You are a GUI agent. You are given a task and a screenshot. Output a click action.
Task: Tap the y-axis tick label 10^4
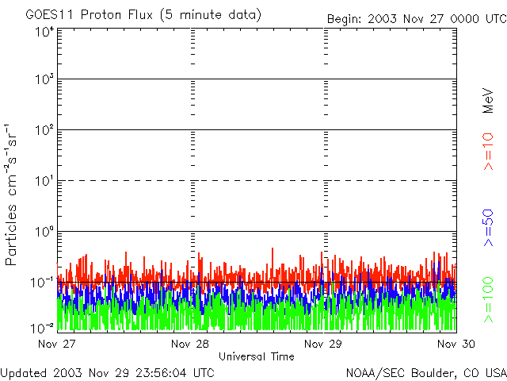pos(44,32)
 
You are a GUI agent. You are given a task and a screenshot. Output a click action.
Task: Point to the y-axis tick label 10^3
pos(44,80)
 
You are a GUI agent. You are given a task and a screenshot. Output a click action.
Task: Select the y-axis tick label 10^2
pos(44,130)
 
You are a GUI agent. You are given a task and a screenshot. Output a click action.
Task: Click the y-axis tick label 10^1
pos(44,181)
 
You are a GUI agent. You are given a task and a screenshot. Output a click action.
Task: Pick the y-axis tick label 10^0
pos(44,232)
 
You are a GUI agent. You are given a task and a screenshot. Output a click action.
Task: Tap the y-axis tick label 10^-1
pos(43,282)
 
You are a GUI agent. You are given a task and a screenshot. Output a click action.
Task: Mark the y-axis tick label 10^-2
pos(43,328)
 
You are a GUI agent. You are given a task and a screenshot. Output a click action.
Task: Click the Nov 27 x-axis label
pos(58,344)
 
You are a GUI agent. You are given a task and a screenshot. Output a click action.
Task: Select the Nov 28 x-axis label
pos(190,344)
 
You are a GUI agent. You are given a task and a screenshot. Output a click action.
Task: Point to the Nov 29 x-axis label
pos(324,344)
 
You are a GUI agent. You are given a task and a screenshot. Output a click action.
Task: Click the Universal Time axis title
pos(257,356)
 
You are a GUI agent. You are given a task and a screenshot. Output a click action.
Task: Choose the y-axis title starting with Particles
pos(13,194)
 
